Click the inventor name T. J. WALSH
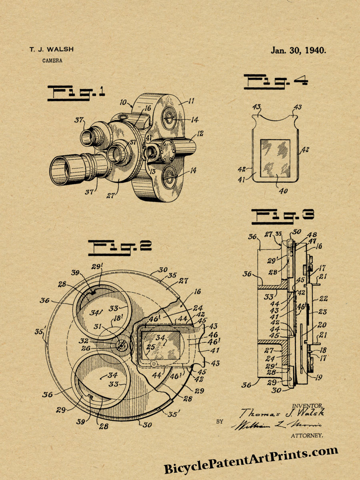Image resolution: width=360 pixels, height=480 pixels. (x=51, y=50)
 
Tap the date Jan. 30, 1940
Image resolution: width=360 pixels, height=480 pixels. (x=298, y=50)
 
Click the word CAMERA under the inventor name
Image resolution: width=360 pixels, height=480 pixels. (x=52, y=61)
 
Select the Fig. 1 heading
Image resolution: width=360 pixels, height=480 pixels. (x=76, y=93)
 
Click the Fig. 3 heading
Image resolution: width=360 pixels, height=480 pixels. (x=282, y=216)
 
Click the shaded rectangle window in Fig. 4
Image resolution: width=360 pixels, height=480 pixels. (x=275, y=158)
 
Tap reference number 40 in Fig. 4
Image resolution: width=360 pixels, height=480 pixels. (x=283, y=190)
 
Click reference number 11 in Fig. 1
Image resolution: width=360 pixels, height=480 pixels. (x=191, y=101)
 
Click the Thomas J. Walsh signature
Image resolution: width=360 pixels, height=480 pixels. (x=282, y=413)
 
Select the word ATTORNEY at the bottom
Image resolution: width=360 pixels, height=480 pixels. (x=307, y=435)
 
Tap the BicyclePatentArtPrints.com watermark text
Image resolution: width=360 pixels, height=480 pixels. (x=251, y=460)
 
